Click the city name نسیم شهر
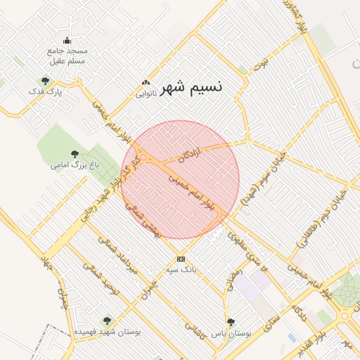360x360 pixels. tap(191, 87)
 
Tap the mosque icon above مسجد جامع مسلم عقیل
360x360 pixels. tap(67, 40)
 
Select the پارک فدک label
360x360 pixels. tap(45, 91)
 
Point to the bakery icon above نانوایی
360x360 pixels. tap(146, 83)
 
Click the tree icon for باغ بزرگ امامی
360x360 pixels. tap(75, 154)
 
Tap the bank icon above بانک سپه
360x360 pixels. tap(181, 258)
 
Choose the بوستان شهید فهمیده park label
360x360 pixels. tap(108, 330)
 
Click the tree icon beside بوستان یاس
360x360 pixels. tap(231, 322)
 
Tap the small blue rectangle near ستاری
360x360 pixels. tap(292, 337)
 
